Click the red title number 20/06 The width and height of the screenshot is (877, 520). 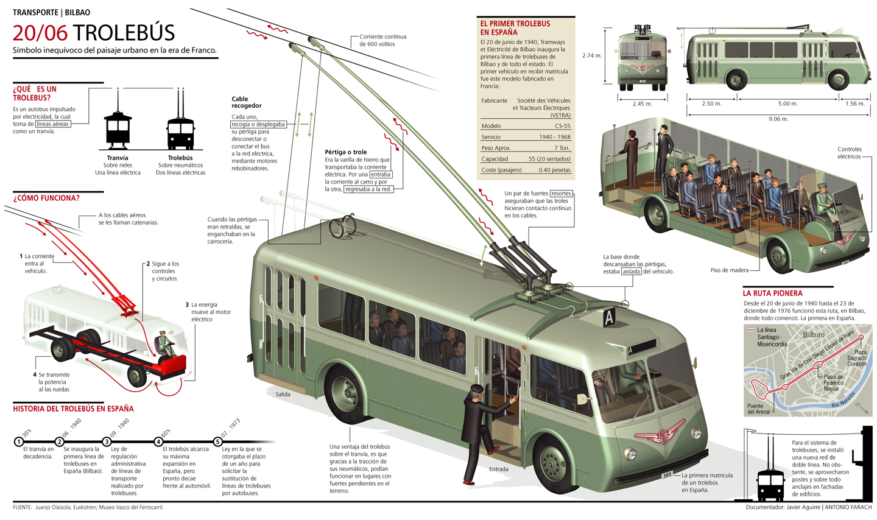click(x=40, y=33)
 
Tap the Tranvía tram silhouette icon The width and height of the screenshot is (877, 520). click(x=118, y=129)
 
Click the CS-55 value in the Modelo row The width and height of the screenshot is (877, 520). click(x=562, y=126)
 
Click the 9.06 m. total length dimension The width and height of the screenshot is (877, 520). click(x=778, y=119)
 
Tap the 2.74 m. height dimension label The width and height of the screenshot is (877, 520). click(x=591, y=55)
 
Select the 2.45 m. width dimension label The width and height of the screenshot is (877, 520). click(x=642, y=104)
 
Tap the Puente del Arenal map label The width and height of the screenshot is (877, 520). click(x=759, y=409)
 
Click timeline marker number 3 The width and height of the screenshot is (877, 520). click(x=107, y=441)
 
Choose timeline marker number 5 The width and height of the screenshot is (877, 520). click(x=217, y=441)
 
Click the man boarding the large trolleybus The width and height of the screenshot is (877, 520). click(x=477, y=431)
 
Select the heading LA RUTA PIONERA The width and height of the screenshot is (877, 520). click(x=772, y=293)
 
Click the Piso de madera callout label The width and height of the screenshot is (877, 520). click(x=729, y=270)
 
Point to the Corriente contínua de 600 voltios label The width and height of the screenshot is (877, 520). click(x=382, y=40)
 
